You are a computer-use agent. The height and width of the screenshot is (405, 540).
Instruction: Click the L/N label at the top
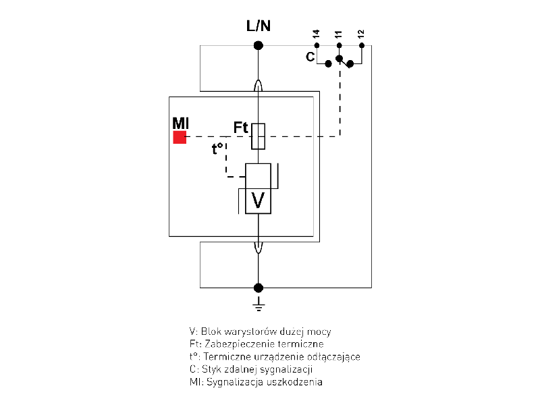pyautogui.click(x=259, y=26)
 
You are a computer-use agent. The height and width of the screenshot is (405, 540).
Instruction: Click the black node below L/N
pyautogui.click(x=258, y=45)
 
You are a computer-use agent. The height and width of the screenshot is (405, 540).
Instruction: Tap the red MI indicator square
pyautogui.click(x=180, y=137)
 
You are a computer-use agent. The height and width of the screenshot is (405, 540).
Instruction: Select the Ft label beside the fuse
pyautogui.click(x=241, y=126)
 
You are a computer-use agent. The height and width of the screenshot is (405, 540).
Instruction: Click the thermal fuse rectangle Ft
pyautogui.click(x=258, y=136)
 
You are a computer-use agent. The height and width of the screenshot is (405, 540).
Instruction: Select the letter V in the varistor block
pyautogui.click(x=258, y=200)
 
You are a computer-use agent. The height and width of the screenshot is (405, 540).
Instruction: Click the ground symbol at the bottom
pyautogui.click(x=258, y=306)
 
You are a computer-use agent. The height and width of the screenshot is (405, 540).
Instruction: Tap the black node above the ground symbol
pyautogui.click(x=258, y=288)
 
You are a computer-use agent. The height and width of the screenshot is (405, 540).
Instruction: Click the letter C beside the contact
pyautogui.click(x=310, y=57)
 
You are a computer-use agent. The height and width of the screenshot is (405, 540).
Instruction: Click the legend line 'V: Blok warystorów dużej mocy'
pyautogui.click(x=261, y=331)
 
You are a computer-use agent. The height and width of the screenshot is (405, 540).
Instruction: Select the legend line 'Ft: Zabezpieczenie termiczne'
pyautogui.click(x=256, y=344)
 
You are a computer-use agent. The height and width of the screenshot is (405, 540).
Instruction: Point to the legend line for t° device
pyautogui.click(x=275, y=357)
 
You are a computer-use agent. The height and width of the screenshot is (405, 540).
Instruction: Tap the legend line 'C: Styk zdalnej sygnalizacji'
pyautogui.click(x=251, y=370)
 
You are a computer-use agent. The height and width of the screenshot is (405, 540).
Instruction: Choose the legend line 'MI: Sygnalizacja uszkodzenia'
pyautogui.click(x=256, y=383)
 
